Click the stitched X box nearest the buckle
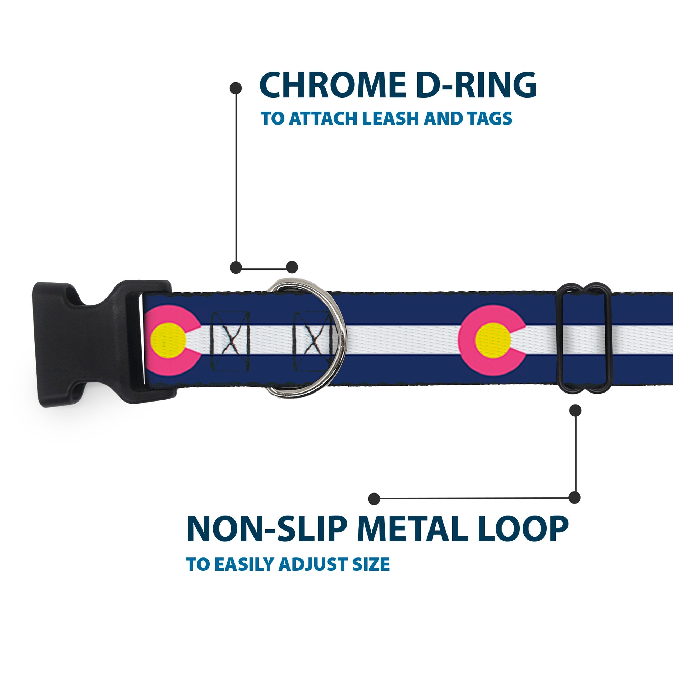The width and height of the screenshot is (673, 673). click(x=230, y=341)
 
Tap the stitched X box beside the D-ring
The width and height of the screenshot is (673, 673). click(x=312, y=341)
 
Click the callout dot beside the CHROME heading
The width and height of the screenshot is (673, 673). click(x=236, y=88)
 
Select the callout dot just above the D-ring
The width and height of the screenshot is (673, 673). click(x=292, y=267)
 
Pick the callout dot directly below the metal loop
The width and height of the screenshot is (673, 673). click(x=575, y=411)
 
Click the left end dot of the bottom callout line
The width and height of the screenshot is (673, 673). click(x=374, y=498)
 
